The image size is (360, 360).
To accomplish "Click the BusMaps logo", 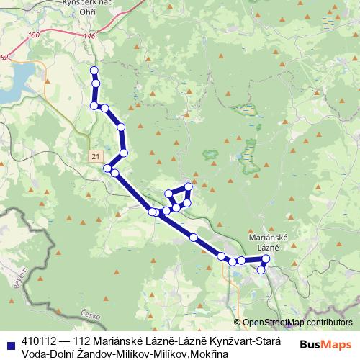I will pyautogui.click(x=325, y=344).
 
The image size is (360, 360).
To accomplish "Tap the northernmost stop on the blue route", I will pyautogui.click(x=93, y=70).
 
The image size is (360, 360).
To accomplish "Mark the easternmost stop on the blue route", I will pyautogui.click(x=266, y=258).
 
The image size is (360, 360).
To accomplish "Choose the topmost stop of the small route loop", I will pyautogui.click(x=189, y=186).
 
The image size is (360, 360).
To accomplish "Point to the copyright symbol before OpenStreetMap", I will pyautogui.click(x=238, y=323).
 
